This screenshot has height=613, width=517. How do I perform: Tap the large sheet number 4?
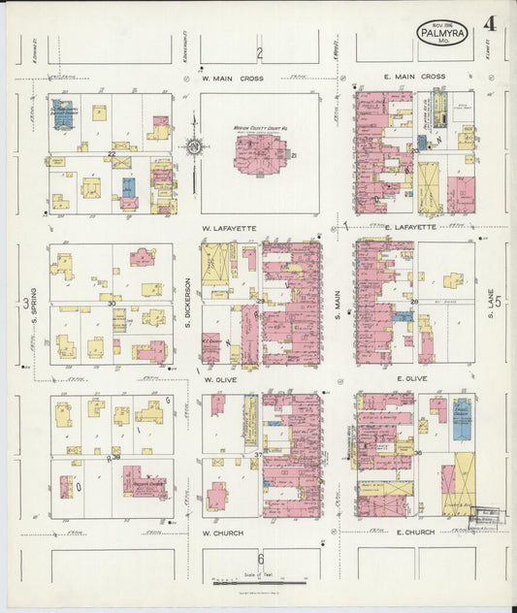(490, 25)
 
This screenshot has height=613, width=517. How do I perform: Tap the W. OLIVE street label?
(220, 381)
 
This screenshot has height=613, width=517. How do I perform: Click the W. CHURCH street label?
(222, 532)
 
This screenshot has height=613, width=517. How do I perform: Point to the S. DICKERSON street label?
(187, 303)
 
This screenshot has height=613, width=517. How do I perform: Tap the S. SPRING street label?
(33, 305)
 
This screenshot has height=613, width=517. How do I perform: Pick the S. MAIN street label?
(339, 303)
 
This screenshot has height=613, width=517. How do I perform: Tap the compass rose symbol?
(193, 147)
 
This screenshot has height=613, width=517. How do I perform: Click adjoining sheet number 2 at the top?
(259, 52)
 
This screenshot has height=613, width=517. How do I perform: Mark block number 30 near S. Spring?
(112, 304)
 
